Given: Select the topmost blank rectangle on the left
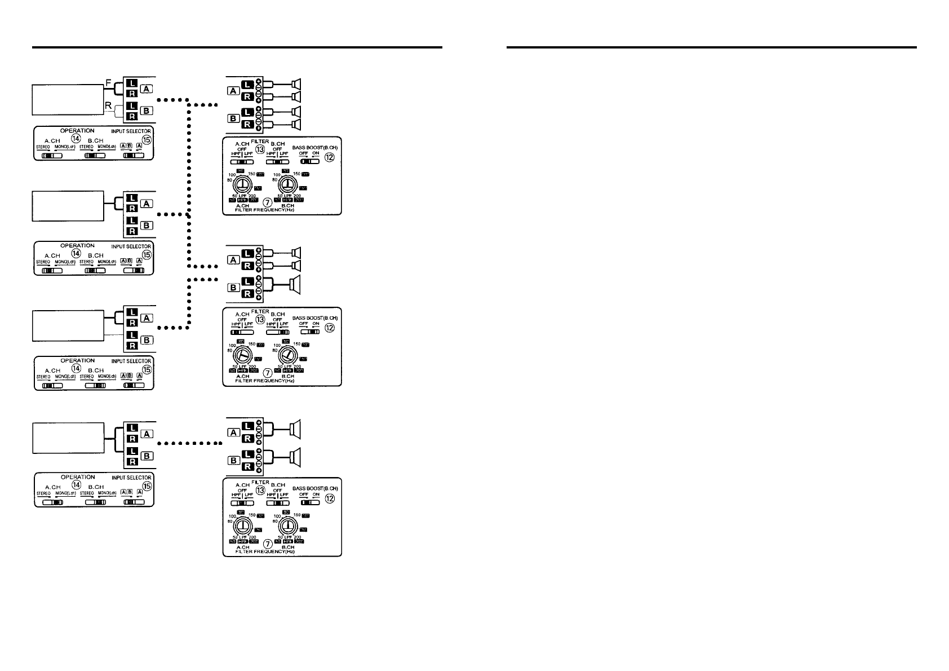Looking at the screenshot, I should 67,100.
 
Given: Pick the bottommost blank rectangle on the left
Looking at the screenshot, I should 67,437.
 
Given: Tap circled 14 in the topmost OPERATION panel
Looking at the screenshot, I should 76,139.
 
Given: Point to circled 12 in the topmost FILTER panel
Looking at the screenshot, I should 330,158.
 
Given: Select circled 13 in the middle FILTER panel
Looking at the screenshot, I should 260,319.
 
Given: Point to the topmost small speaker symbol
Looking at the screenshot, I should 295,84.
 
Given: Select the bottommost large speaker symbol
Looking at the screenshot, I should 296,456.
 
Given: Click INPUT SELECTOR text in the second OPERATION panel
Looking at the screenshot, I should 131,246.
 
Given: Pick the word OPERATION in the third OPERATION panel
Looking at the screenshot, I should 77,361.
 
